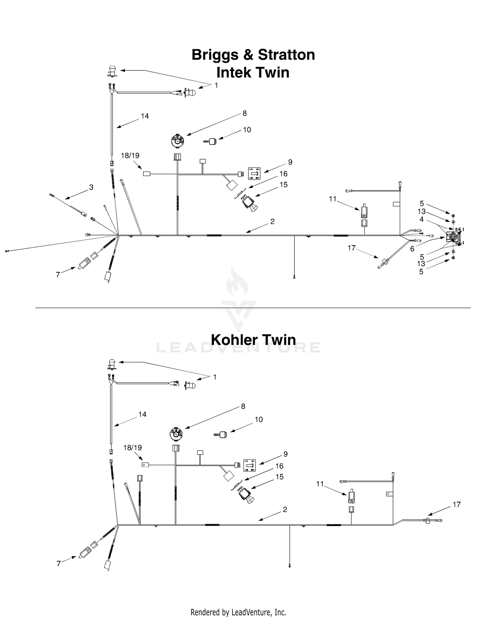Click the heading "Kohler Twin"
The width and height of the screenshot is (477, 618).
(x=253, y=340)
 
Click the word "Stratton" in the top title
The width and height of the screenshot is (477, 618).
(x=286, y=55)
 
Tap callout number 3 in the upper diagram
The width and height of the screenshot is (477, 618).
(x=91, y=187)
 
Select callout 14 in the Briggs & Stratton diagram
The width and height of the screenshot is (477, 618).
(x=145, y=116)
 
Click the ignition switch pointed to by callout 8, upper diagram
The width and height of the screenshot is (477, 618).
(x=177, y=141)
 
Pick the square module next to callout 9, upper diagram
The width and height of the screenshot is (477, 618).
(x=254, y=174)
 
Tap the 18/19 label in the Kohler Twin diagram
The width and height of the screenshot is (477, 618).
(x=133, y=448)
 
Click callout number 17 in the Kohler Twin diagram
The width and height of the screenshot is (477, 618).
(x=457, y=504)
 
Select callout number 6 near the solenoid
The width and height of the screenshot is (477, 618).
(x=412, y=249)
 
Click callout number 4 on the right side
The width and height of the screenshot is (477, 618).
(x=422, y=219)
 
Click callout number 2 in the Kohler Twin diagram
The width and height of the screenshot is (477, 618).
(x=285, y=510)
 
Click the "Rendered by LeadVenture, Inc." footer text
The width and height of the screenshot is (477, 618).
(x=238, y=612)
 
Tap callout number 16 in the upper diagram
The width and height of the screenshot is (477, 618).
(x=283, y=174)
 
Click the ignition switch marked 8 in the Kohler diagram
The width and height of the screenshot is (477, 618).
(x=176, y=434)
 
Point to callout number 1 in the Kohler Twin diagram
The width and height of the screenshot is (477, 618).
(x=215, y=377)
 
